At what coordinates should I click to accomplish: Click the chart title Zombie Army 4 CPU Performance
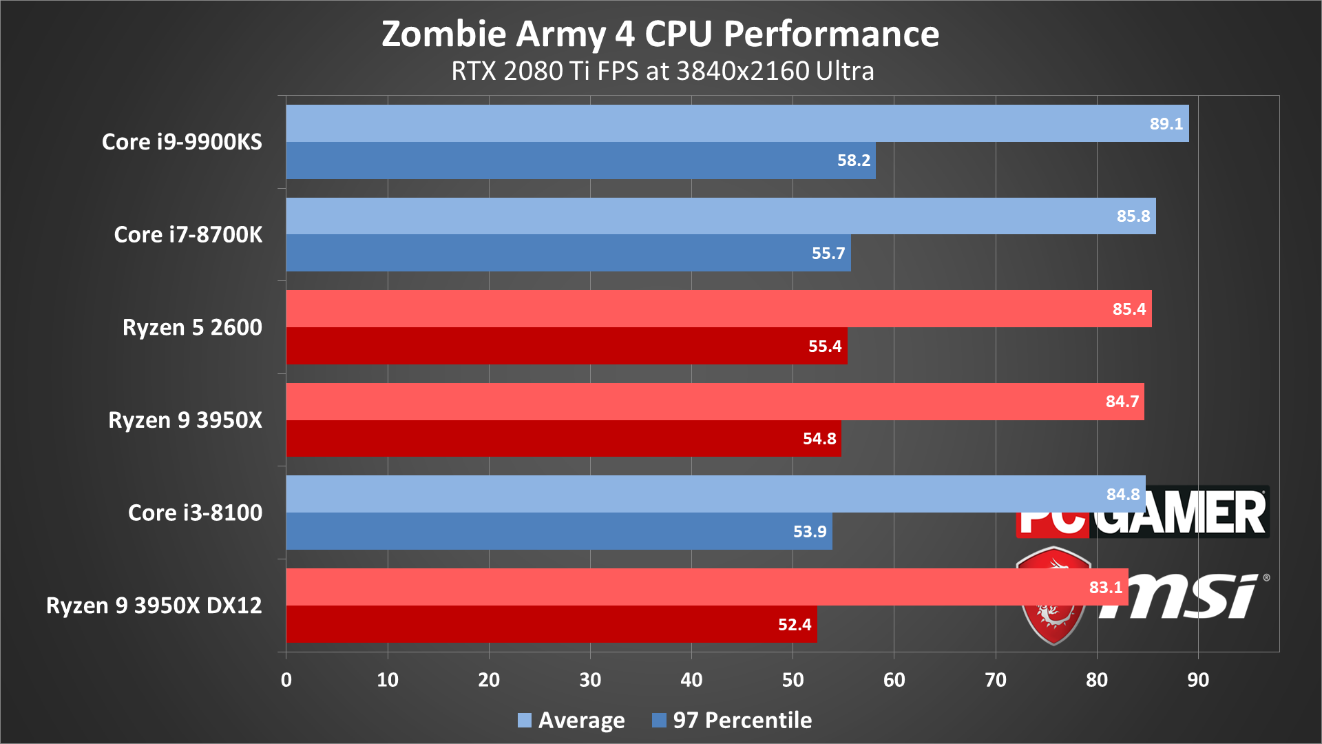pyautogui.click(x=660, y=34)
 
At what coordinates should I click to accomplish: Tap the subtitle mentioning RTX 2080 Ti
pyautogui.click(x=662, y=71)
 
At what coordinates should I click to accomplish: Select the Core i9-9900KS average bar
pyautogui.click(x=689, y=123)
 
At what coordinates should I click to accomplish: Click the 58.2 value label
pyautogui.click(x=853, y=161)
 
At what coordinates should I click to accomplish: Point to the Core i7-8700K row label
pyautogui.click(x=188, y=235)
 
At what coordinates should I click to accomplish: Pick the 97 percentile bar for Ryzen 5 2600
pyautogui.click(x=551, y=346)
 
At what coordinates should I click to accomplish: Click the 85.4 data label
pyautogui.click(x=1129, y=309)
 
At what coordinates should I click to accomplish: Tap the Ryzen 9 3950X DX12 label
pyautogui.click(x=154, y=606)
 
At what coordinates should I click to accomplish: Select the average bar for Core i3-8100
pyautogui.click(x=689, y=494)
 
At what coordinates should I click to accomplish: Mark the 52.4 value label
pyautogui.click(x=794, y=625)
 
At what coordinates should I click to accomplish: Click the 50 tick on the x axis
pyautogui.click(x=793, y=680)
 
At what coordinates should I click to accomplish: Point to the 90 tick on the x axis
pyautogui.click(x=1197, y=680)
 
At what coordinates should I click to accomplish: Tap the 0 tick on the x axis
pyautogui.click(x=286, y=680)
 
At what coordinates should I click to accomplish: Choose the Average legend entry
pyautogui.click(x=571, y=720)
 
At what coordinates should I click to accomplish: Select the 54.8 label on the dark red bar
pyautogui.click(x=819, y=439)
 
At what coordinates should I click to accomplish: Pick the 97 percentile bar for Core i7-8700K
pyautogui.click(x=551, y=253)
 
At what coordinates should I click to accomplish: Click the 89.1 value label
pyautogui.click(x=1166, y=124)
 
